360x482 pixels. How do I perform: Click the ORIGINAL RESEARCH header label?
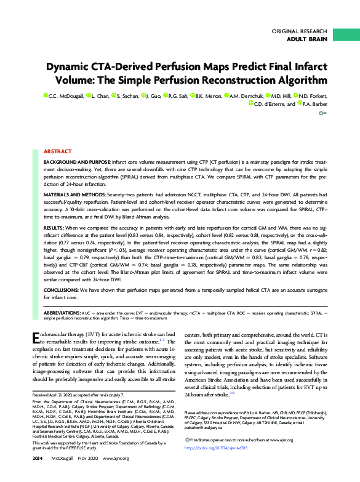(298, 31)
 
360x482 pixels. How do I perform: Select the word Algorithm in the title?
(296, 79)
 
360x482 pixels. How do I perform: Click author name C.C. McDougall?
(63, 96)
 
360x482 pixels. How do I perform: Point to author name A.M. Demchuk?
(248, 96)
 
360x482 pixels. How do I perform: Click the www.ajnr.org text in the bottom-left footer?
(115, 476)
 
